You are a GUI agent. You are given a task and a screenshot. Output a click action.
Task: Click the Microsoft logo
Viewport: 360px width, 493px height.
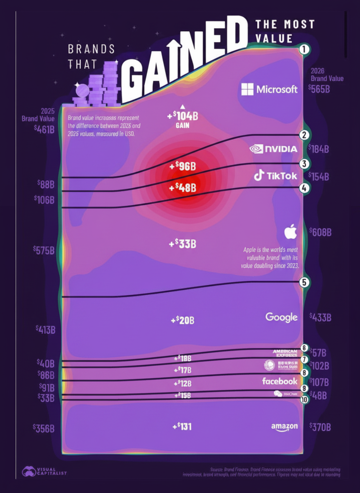[270, 89]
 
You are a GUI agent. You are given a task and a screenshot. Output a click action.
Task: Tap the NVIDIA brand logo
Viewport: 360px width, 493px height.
[273, 149]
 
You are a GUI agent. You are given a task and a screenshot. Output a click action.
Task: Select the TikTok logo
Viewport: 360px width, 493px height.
[275, 176]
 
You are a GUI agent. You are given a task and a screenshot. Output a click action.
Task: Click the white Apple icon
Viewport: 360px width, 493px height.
[290, 232]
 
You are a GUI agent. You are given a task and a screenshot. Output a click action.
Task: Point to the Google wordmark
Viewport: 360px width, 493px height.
[282, 317]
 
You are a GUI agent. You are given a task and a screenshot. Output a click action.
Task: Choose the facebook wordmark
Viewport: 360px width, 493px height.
[280, 381]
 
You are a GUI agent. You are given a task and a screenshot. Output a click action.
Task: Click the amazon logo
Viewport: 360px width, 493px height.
[285, 427]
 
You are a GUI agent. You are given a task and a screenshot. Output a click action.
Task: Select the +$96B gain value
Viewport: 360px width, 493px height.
[182, 167]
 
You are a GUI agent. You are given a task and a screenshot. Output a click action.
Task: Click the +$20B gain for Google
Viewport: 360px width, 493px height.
[182, 320]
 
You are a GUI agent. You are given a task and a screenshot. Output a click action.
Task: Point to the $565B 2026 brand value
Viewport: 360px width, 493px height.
[319, 88]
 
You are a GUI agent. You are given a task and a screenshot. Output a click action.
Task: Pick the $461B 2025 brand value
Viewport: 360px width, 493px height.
[44, 129]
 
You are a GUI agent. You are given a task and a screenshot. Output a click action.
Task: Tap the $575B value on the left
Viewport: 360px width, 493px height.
[44, 250]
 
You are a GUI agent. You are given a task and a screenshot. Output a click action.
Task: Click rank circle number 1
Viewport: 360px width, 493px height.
[304, 50]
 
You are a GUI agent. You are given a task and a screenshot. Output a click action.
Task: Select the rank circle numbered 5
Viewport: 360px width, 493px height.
[305, 282]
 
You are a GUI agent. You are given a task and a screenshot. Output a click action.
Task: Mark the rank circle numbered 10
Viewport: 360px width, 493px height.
[304, 399]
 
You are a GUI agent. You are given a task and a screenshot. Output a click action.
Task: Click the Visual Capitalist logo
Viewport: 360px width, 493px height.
[44, 471]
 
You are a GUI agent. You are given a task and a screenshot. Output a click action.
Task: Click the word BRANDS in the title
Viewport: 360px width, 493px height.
[91, 49]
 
